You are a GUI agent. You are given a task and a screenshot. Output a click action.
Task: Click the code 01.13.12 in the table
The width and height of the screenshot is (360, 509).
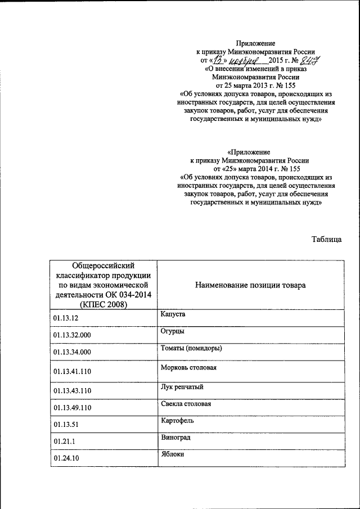click(66, 318)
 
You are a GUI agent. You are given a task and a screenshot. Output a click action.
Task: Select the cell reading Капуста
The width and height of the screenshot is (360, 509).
click(172, 314)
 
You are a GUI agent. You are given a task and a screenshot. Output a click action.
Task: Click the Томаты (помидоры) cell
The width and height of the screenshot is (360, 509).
click(191, 349)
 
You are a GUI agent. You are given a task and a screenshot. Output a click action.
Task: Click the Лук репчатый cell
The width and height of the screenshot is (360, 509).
click(181, 387)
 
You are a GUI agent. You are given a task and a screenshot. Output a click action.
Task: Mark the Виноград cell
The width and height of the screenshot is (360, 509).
click(174, 437)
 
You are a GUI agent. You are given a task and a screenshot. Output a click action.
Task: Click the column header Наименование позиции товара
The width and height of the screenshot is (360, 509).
click(250, 285)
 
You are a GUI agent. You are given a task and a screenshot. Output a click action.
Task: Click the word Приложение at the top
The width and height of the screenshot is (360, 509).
click(255, 43)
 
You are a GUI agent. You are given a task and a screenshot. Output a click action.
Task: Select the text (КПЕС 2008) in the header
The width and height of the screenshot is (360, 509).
click(103, 304)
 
